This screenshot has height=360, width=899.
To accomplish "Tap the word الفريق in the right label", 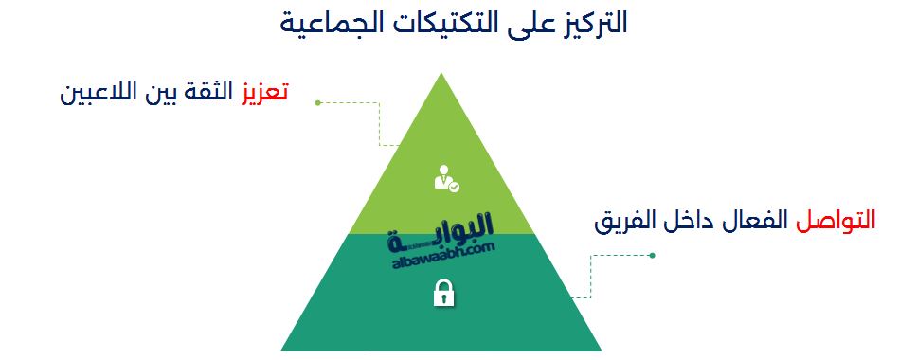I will click(629, 224).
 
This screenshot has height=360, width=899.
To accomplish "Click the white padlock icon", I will click(442, 294).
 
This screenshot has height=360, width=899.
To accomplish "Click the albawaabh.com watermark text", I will click(442, 254).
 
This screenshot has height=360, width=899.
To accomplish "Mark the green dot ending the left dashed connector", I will click(318, 102).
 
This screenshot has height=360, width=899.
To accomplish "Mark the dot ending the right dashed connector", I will click(652, 255).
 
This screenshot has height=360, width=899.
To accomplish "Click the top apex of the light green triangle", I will click(442, 74).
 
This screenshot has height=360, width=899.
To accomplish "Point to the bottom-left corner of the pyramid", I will click(282, 350).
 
